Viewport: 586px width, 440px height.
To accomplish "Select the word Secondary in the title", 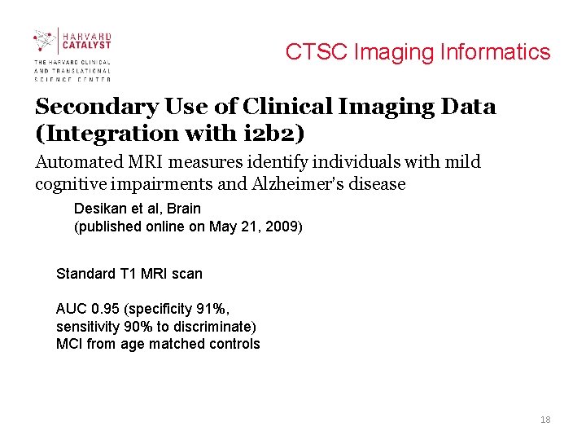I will tap(95, 107).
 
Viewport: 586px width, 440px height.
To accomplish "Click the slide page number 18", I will tap(545, 420).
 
